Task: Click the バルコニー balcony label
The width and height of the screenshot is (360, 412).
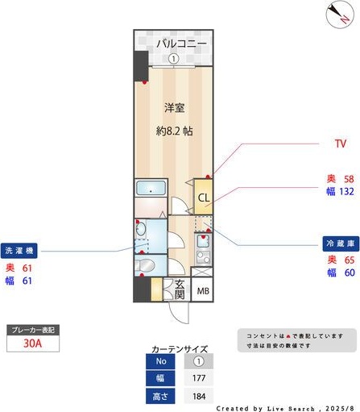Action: point(181,43)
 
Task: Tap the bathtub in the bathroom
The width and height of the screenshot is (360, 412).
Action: point(151,190)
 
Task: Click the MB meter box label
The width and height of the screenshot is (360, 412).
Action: point(204,291)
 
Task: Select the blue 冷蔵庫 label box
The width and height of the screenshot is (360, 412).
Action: point(337,242)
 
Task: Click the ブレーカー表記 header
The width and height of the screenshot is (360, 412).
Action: point(33,330)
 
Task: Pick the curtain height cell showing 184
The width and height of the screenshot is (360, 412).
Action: point(198,396)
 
